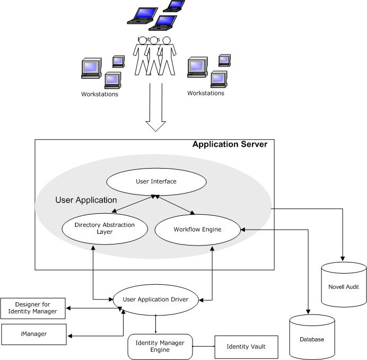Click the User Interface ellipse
(156, 182)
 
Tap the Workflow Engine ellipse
(197, 230)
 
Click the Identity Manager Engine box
(160, 346)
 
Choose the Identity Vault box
(246, 347)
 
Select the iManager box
(33, 335)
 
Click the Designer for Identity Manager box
(33, 309)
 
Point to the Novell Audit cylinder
(344, 286)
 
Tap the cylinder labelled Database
(312, 338)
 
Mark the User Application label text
(86, 200)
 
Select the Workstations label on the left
(100, 94)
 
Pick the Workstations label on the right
(206, 93)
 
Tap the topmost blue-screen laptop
(174, 6)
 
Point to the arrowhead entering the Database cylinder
(308, 312)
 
